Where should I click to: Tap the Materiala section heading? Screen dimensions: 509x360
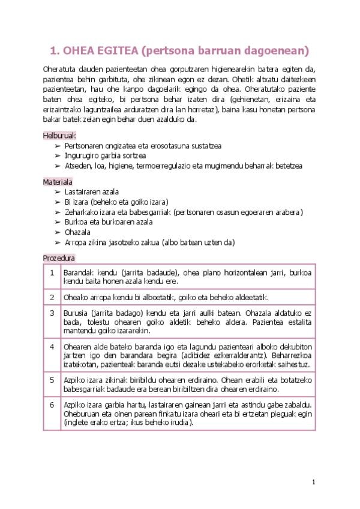[x=57, y=181]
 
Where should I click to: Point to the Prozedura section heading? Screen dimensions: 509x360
[x=58, y=258]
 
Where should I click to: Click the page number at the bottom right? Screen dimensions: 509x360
[x=313, y=481]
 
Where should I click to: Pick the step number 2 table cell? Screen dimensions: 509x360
[x=52, y=297]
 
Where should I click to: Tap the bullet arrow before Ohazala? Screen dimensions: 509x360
[x=58, y=232]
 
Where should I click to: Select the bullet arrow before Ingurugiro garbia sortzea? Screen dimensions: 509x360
[x=58, y=155]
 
